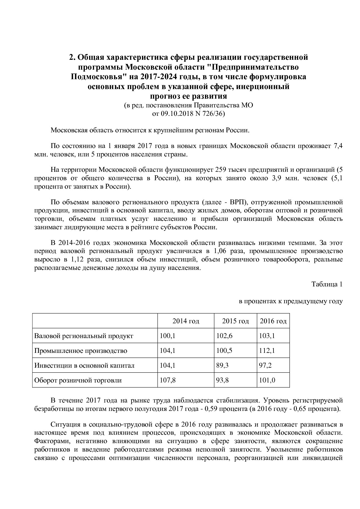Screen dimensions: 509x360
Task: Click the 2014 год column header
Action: coord(186,321)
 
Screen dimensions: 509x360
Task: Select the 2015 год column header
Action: coord(235,321)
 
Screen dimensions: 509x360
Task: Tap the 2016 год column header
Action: coord(273,321)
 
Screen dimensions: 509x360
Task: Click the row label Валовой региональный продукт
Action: coord(84,336)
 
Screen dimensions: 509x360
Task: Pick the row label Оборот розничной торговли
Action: coord(78,380)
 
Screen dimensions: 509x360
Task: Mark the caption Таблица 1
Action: coord(327,284)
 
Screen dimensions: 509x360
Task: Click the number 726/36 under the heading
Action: coord(214,114)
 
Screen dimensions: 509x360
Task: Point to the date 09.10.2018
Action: coord(177,114)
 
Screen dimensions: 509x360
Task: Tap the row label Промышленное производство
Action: coord(81,351)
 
